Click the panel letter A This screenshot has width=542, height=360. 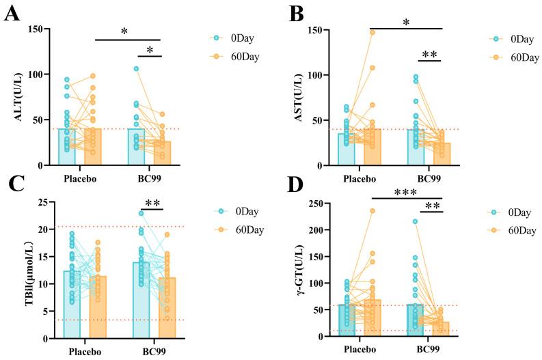[11, 14]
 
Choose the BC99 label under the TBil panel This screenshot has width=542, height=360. [154, 352]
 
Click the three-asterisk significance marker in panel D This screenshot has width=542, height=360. [407, 193]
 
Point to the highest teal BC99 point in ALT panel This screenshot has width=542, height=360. [136, 69]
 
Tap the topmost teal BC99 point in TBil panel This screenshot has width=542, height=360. [141, 213]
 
